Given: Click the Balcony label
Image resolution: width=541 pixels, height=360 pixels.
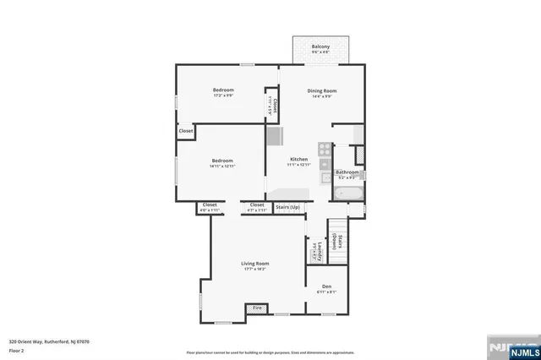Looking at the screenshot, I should [x=320, y=46].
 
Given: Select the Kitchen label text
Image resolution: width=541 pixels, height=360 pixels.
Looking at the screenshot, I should [x=299, y=160].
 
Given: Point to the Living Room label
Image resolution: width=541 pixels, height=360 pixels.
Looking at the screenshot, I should [x=254, y=264].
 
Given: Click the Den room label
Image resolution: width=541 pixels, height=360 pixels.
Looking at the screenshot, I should [x=326, y=286].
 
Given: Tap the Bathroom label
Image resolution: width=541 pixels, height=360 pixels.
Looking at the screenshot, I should [x=348, y=172].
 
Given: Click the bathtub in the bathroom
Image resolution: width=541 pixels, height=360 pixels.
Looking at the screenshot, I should [x=347, y=194].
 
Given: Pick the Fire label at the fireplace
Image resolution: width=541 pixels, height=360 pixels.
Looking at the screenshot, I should [x=257, y=308].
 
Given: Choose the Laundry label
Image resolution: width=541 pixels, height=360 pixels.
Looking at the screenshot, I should [x=311, y=251].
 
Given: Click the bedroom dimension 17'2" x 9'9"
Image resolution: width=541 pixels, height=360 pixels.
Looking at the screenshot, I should [x=223, y=95].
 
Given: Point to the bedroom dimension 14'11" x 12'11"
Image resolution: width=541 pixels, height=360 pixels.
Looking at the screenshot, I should [x=222, y=166].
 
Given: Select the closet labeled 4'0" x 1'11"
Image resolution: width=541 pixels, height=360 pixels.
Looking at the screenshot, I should [x=210, y=209].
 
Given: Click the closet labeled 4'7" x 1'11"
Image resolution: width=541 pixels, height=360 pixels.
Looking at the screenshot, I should [x=257, y=209].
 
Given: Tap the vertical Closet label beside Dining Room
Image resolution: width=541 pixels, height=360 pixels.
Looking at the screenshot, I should [x=273, y=104].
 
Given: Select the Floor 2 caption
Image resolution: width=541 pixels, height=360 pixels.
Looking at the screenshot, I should [x=17, y=349].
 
